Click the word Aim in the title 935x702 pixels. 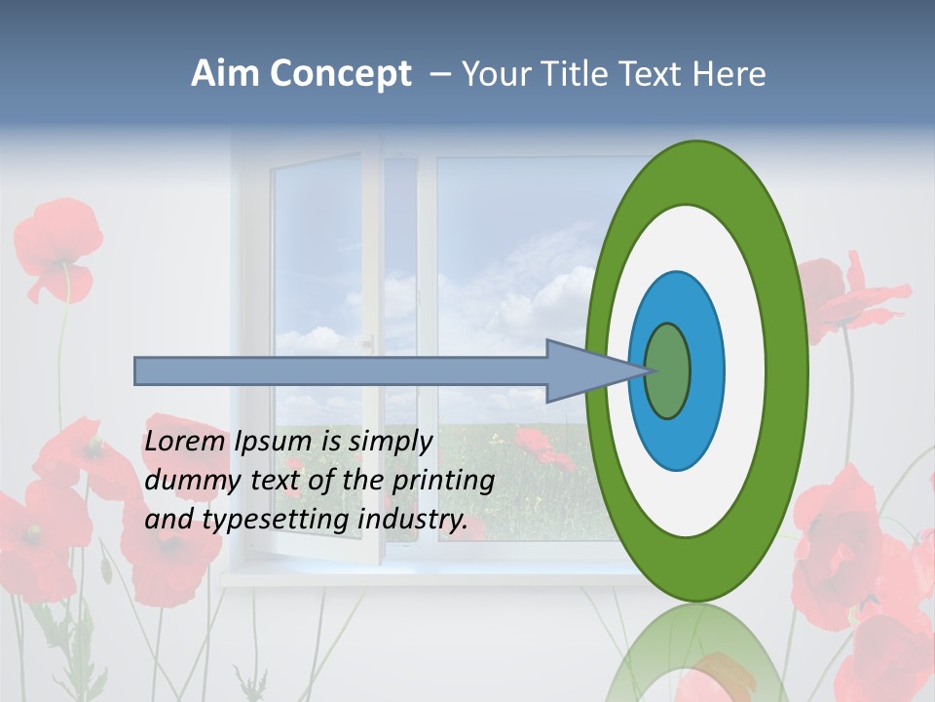click(225, 74)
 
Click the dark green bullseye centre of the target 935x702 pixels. click(668, 371)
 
